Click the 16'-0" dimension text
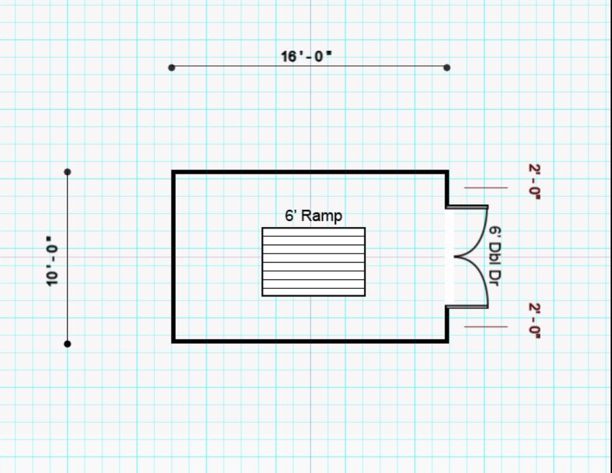click(x=306, y=56)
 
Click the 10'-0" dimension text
click(x=52, y=261)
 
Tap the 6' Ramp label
click(x=313, y=216)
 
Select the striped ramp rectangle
click(x=313, y=262)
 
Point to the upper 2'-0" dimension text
click(x=534, y=181)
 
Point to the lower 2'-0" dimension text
click(x=534, y=320)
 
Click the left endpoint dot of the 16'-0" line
click(x=172, y=67)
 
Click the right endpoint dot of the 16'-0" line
click(x=447, y=67)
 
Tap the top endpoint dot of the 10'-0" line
click(x=67, y=172)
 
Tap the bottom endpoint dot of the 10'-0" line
click(x=67, y=344)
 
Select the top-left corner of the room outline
click(x=174, y=172)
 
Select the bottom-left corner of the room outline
click(x=174, y=340)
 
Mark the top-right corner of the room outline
click(x=447, y=172)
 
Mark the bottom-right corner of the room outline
click(x=447, y=340)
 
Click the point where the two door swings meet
click(x=455, y=257)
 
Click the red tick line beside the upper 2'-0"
click(x=486, y=188)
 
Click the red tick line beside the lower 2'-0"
click(x=486, y=326)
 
